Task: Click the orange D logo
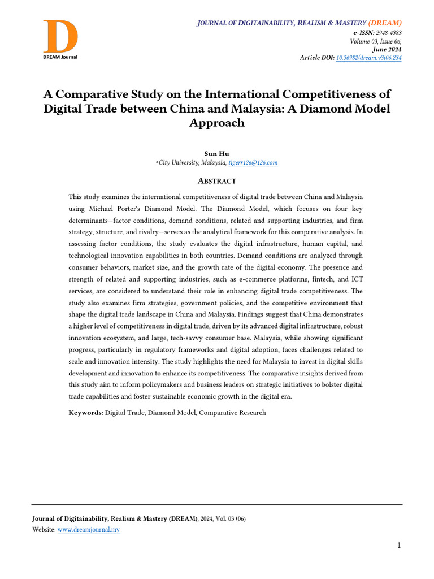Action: [x=60, y=36]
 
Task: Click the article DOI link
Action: [x=369, y=58]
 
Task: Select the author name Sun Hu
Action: [x=217, y=153]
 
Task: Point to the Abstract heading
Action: [x=217, y=181]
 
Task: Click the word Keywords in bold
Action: [x=85, y=413]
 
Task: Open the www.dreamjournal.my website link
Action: [x=89, y=530]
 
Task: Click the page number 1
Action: [x=399, y=546]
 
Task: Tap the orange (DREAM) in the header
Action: [x=385, y=23]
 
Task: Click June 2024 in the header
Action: [x=387, y=50]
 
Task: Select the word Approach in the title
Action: [x=217, y=123]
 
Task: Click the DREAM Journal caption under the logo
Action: [x=60, y=57]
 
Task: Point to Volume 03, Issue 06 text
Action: [x=376, y=41]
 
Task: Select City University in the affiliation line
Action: [x=179, y=163]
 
